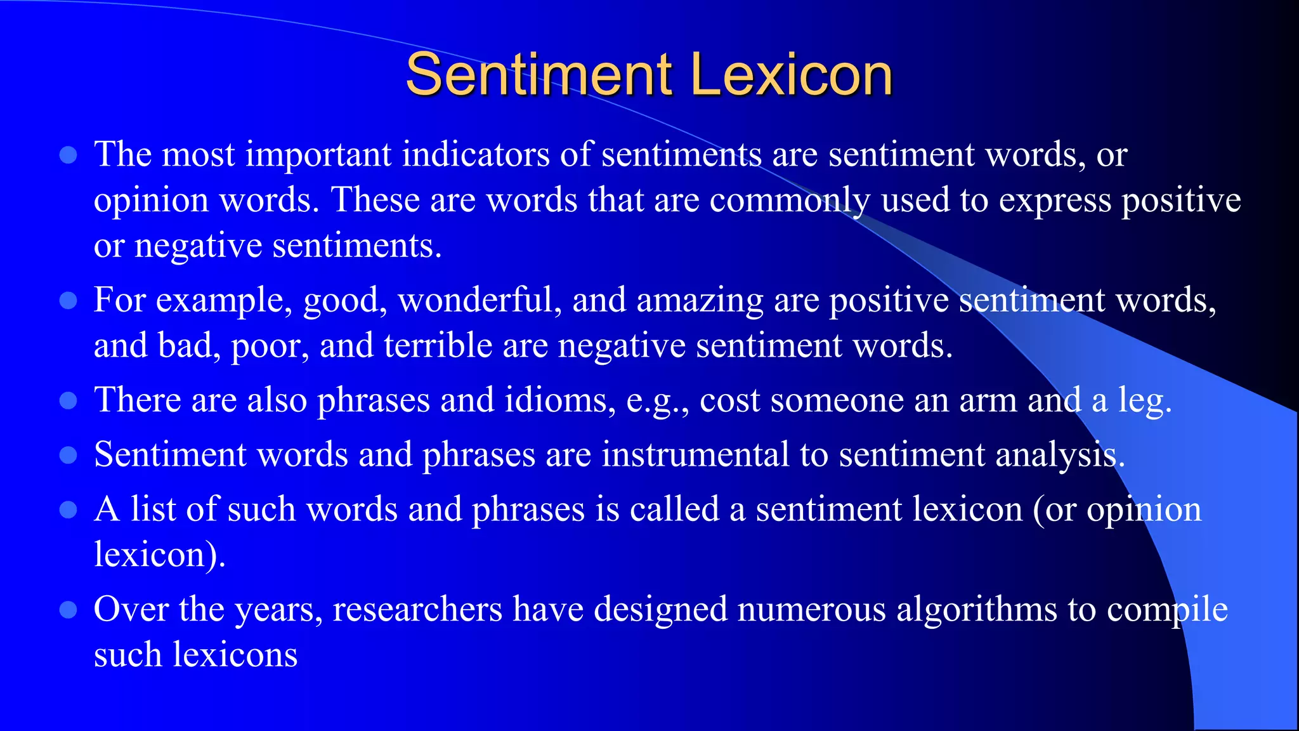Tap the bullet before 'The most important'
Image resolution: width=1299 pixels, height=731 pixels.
pos(68,155)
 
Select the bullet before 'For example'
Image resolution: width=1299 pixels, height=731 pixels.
pos(68,300)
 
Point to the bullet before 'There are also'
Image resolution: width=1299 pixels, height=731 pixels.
pos(68,400)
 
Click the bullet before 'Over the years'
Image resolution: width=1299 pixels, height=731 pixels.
pos(68,610)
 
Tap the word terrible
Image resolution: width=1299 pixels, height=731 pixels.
pos(438,346)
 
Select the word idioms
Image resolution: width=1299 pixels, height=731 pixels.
pos(559,400)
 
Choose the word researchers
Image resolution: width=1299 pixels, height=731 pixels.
pos(417,610)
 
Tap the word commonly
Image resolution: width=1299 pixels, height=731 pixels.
pos(790,201)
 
